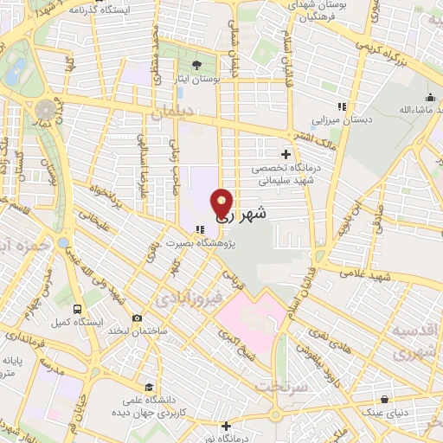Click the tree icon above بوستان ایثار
tap(196, 65)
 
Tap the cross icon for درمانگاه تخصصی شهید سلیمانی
tap(286, 153)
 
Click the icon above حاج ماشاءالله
tap(429, 96)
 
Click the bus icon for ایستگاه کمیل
tap(78, 308)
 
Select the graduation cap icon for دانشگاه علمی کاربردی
tap(150, 388)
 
